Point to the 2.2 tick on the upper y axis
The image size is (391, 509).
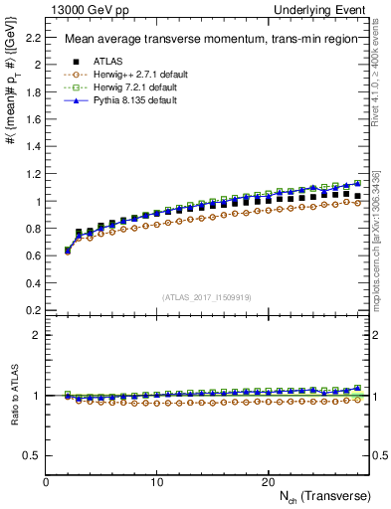pos(33,38)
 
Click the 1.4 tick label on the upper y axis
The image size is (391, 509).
pos(33,147)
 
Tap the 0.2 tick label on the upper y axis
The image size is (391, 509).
pos(33,310)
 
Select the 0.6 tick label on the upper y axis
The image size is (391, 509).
pos(33,255)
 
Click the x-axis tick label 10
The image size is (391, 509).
pos(156,481)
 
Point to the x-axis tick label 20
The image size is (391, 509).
pos(267,481)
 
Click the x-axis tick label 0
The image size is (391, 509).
pos(46,481)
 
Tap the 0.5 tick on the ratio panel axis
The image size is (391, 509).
pos(33,455)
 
